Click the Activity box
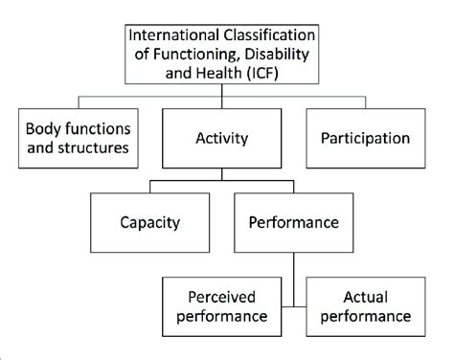222,138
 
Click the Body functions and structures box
81,138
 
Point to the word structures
109,148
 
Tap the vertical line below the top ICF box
222,95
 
